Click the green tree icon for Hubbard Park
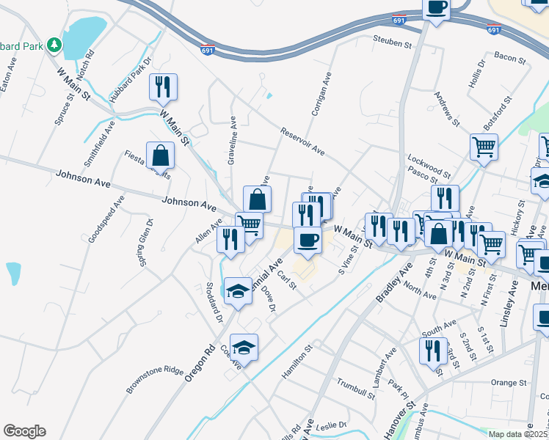pos(54,45)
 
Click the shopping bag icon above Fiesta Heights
pos(160,155)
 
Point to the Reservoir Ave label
pos(302,142)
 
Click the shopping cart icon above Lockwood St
pos(484,146)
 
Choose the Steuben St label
pos(392,44)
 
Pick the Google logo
pos(24,431)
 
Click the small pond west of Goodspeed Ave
pos(13,273)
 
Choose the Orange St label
pos(509,383)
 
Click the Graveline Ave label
pos(232,139)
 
